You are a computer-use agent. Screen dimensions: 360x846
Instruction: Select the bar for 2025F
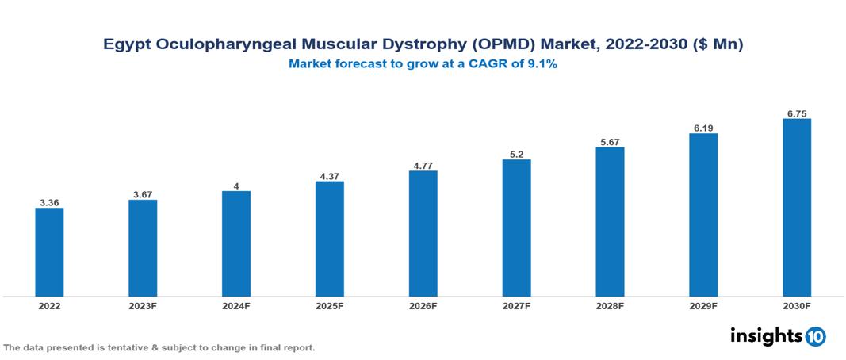tap(329, 239)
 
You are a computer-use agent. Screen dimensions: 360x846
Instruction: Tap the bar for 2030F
tap(796, 208)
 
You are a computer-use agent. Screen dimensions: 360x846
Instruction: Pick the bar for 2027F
tap(516, 228)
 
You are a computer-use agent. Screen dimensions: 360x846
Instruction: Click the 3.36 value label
tap(49, 202)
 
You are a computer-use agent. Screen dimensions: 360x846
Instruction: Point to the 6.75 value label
tap(796, 113)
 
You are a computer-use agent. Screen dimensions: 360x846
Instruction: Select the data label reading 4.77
tap(423, 165)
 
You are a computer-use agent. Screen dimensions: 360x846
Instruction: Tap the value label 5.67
tap(610, 141)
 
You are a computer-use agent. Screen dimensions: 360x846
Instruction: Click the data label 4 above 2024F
tap(236, 186)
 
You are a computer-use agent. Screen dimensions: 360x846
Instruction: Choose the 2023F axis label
tap(143, 305)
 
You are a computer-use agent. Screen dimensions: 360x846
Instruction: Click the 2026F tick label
tap(423, 305)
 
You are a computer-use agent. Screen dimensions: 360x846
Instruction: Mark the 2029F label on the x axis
tap(703, 305)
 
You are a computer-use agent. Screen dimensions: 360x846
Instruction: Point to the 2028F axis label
tap(610, 305)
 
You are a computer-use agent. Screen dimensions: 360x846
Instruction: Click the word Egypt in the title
tap(126, 45)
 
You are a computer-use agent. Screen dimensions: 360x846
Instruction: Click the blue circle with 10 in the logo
tap(815, 336)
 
